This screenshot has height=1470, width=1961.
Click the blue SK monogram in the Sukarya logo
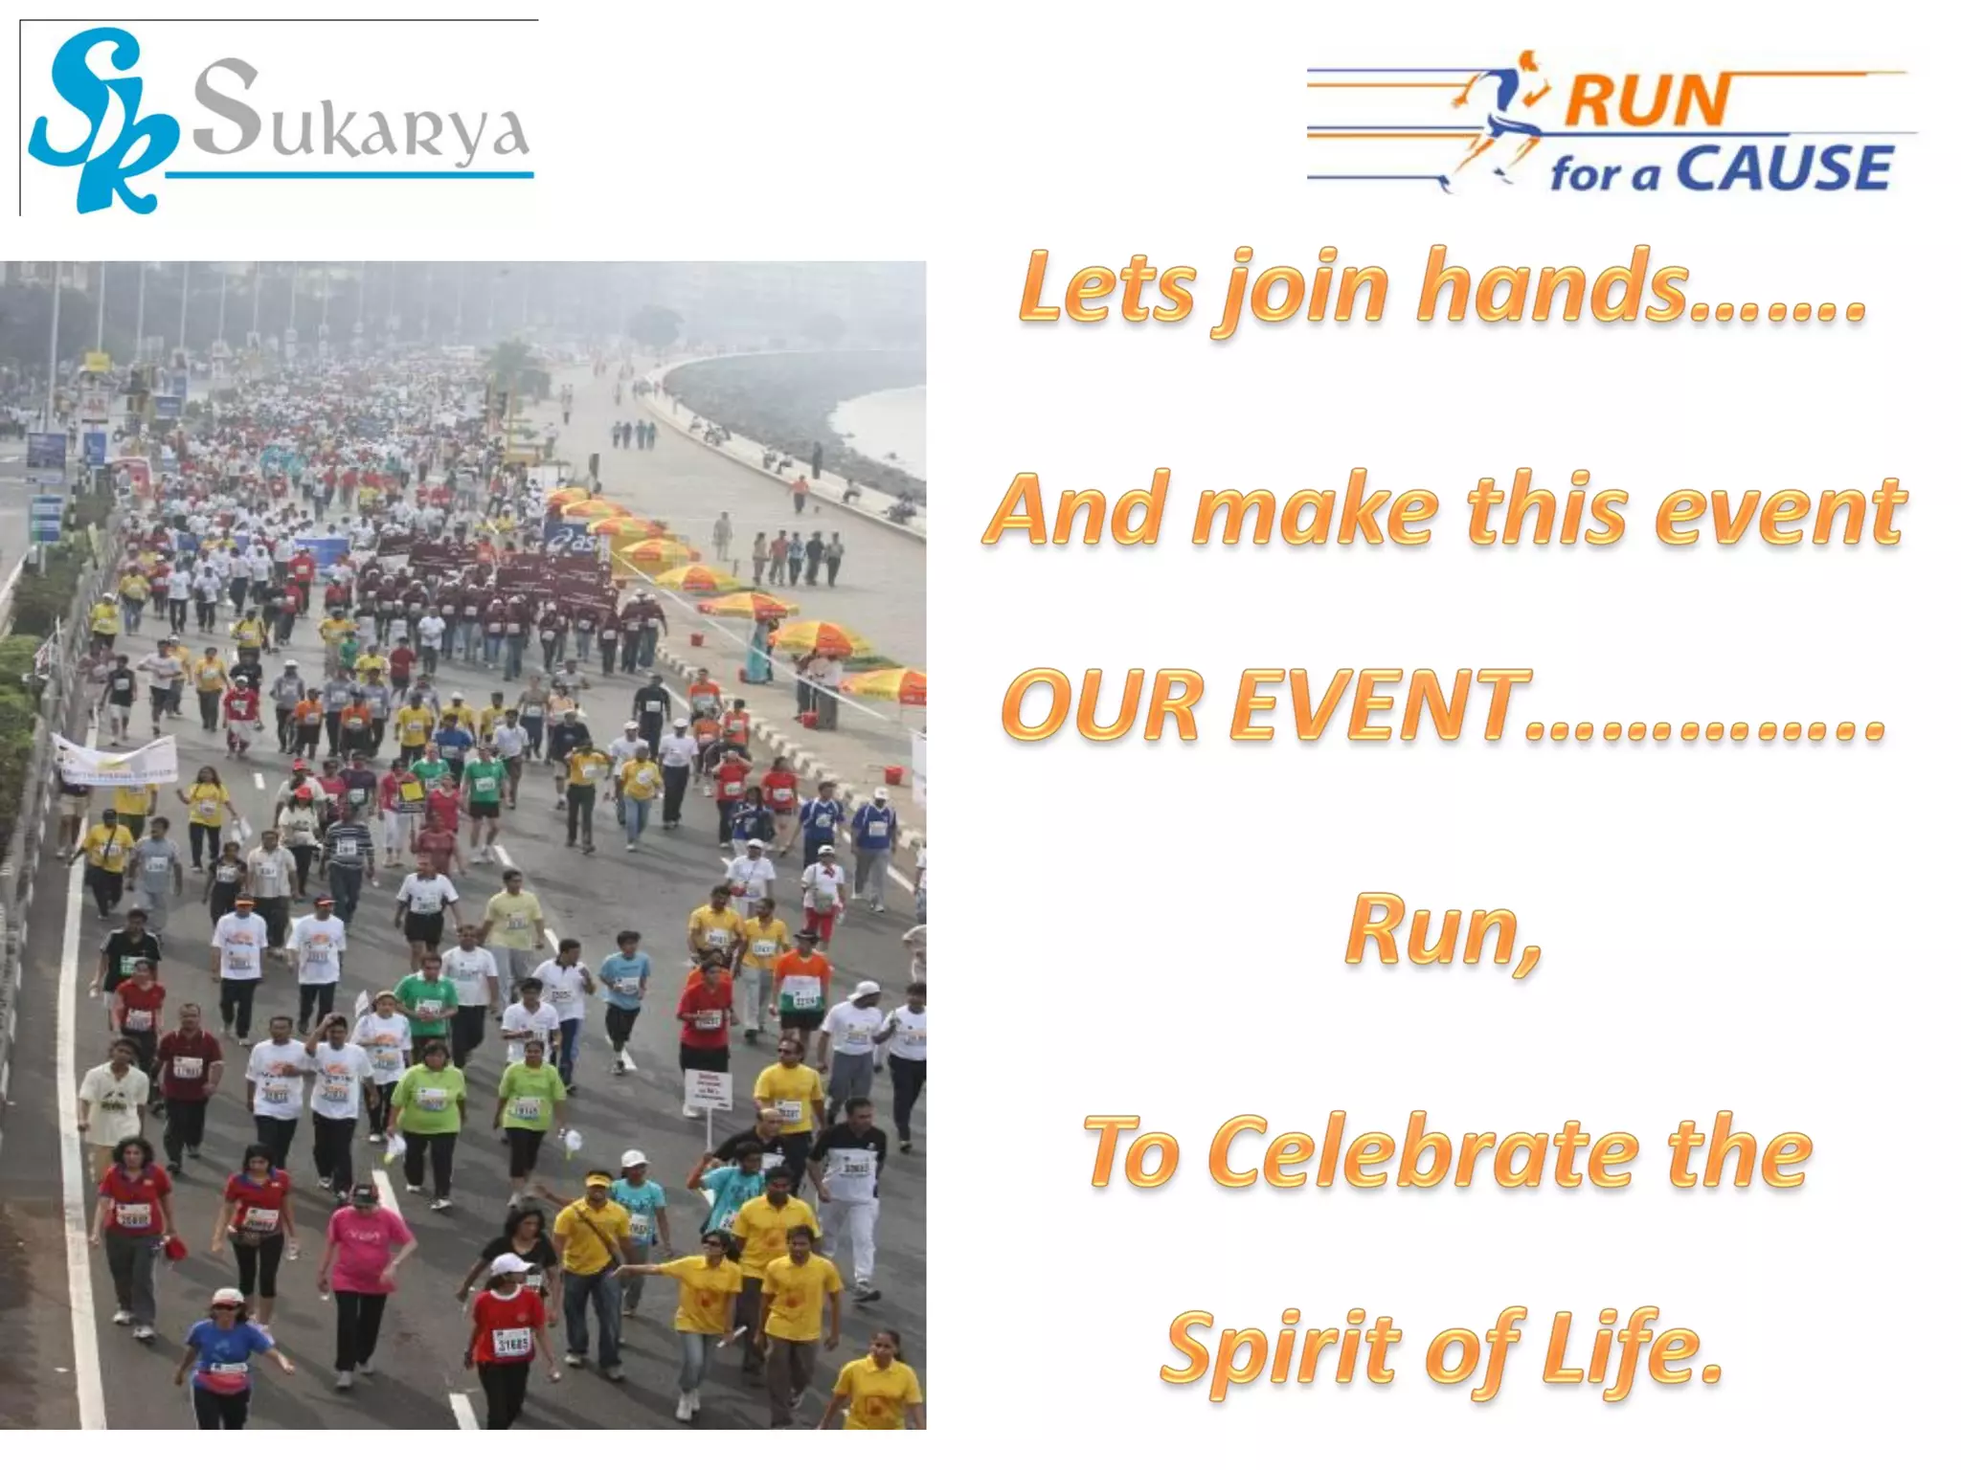(x=100, y=120)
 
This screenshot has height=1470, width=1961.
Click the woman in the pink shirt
(x=364, y=1254)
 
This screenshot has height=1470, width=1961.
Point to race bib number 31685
(x=511, y=1342)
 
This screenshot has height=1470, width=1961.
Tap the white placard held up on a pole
(x=709, y=1089)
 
